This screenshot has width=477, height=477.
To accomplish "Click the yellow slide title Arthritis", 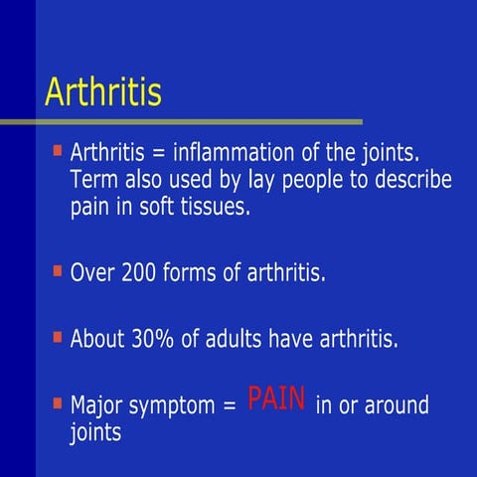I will point(103,92).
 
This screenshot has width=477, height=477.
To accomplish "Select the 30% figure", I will point(152,339).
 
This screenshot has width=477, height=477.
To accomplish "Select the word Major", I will point(97,405).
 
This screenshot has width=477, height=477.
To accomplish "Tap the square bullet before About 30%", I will point(57,336).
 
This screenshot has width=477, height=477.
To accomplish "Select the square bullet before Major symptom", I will point(57,402).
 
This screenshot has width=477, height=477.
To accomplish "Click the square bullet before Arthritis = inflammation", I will point(57,152).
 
